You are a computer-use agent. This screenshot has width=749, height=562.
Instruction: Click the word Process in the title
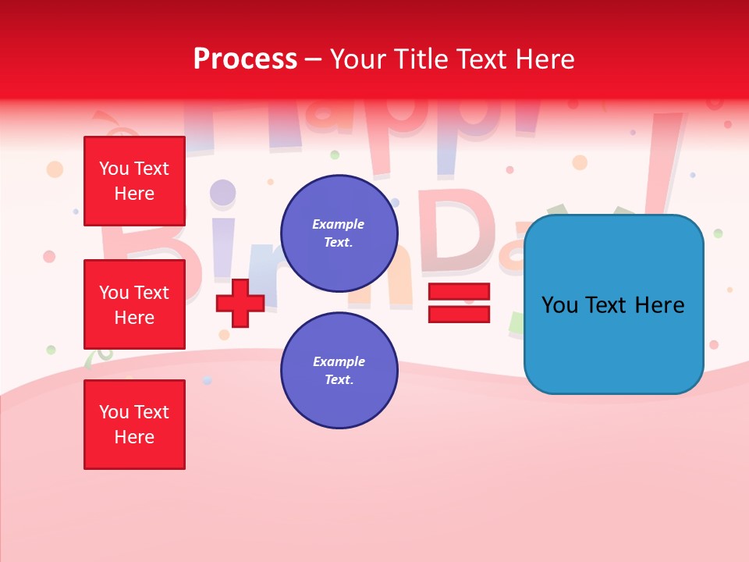tap(245, 59)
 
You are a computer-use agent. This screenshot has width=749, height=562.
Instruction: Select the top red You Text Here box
tap(134, 181)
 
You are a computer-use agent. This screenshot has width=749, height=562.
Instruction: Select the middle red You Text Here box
tap(134, 304)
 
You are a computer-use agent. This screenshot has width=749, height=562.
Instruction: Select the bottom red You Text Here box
tap(134, 425)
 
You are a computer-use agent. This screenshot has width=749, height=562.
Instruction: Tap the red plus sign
tap(240, 303)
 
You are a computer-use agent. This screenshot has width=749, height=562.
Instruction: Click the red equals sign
tap(459, 303)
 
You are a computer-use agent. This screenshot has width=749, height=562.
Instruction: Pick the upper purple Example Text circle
tap(339, 233)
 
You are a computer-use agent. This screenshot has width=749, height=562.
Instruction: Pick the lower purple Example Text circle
tap(339, 371)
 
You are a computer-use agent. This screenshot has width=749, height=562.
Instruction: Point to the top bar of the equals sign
tap(459, 292)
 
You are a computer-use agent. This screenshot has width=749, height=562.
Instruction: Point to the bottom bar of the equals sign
tap(459, 315)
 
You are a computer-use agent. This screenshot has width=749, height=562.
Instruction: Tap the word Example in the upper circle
tap(339, 225)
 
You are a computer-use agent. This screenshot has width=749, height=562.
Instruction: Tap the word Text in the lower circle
tap(339, 380)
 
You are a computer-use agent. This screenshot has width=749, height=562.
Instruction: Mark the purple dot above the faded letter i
tap(223, 192)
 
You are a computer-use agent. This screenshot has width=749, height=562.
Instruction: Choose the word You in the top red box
tap(113, 169)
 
